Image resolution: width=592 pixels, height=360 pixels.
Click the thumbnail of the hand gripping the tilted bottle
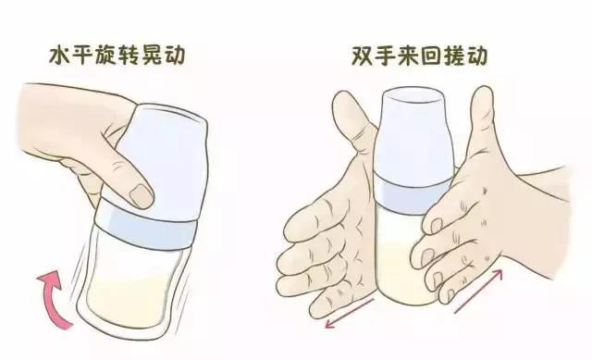tap(142, 195)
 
